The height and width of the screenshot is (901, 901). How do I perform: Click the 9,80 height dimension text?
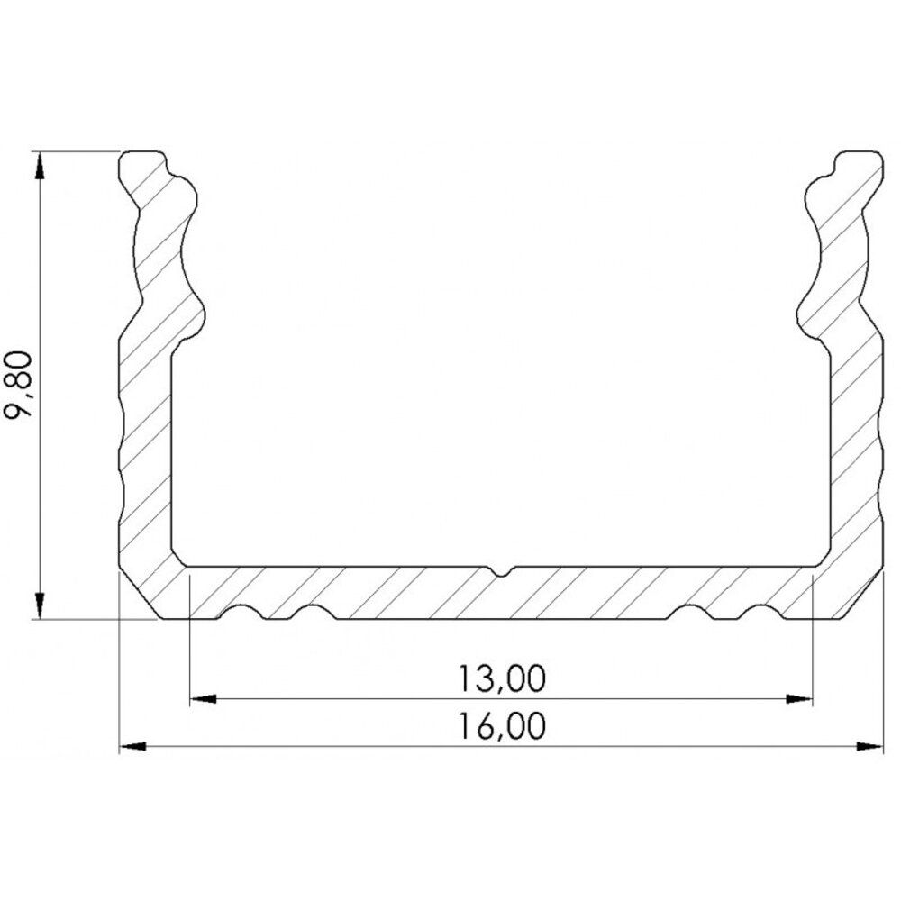[22, 386]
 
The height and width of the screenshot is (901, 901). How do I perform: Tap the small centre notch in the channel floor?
[501, 571]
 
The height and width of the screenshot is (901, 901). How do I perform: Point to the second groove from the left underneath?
[312, 613]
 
